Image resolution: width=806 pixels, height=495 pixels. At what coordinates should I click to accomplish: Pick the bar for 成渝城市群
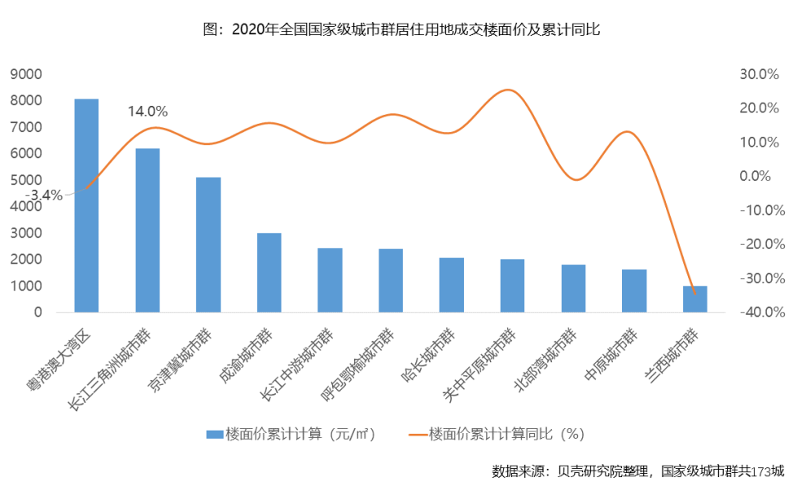click(x=269, y=273)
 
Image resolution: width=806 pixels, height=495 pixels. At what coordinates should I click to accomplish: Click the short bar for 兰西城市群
click(x=695, y=300)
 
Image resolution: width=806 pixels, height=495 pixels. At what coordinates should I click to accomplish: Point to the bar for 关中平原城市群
click(x=512, y=286)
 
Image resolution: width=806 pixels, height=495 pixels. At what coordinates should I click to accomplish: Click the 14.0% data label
click(x=147, y=111)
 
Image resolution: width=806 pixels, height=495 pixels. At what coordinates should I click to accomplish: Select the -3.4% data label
click(x=44, y=195)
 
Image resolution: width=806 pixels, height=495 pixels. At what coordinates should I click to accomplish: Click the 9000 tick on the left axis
click(x=26, y=74)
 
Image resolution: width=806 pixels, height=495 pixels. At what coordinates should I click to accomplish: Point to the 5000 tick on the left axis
click(x=26, y=180)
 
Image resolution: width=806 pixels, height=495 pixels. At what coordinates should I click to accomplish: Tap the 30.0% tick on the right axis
click(x=759, y=74)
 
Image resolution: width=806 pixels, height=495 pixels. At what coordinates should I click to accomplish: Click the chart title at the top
click(x=401, y=30)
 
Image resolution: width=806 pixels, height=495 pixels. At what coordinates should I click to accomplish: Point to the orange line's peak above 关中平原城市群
click(x=508, y=90)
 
